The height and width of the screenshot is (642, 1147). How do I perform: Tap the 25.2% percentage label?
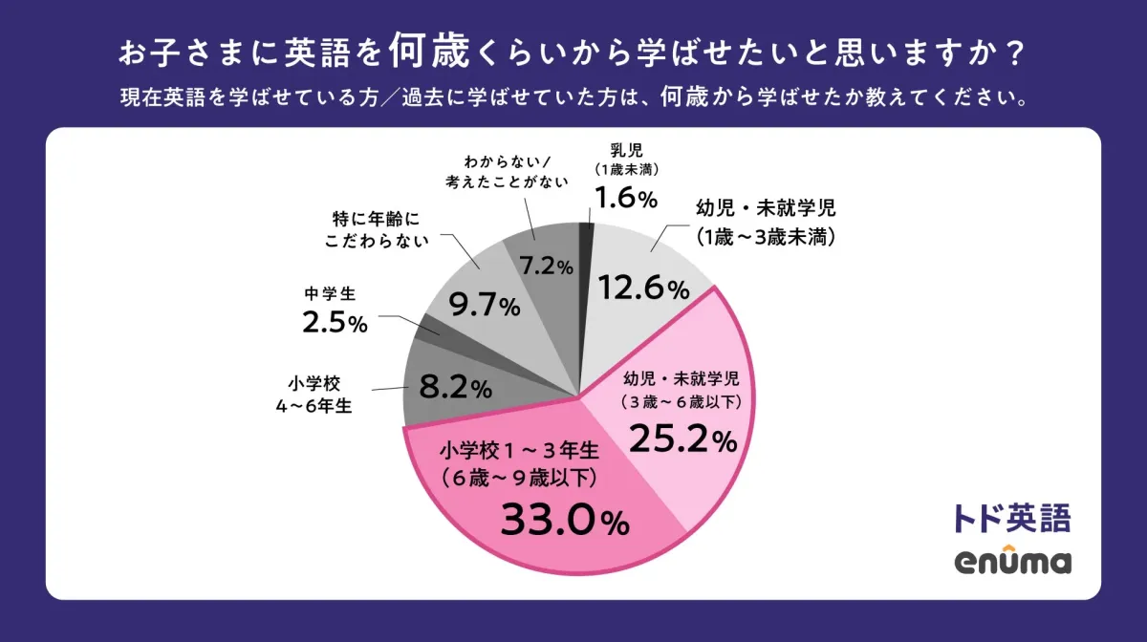click(682, 440)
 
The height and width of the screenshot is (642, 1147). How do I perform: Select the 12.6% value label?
click(642, 289)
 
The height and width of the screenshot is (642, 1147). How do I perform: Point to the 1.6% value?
click(626, 199)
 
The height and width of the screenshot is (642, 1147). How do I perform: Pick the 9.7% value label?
click(485, 307)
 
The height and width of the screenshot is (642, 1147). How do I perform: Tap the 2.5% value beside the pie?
click(335, 323)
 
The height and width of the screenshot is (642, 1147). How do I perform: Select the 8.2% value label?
click(456, 388)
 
